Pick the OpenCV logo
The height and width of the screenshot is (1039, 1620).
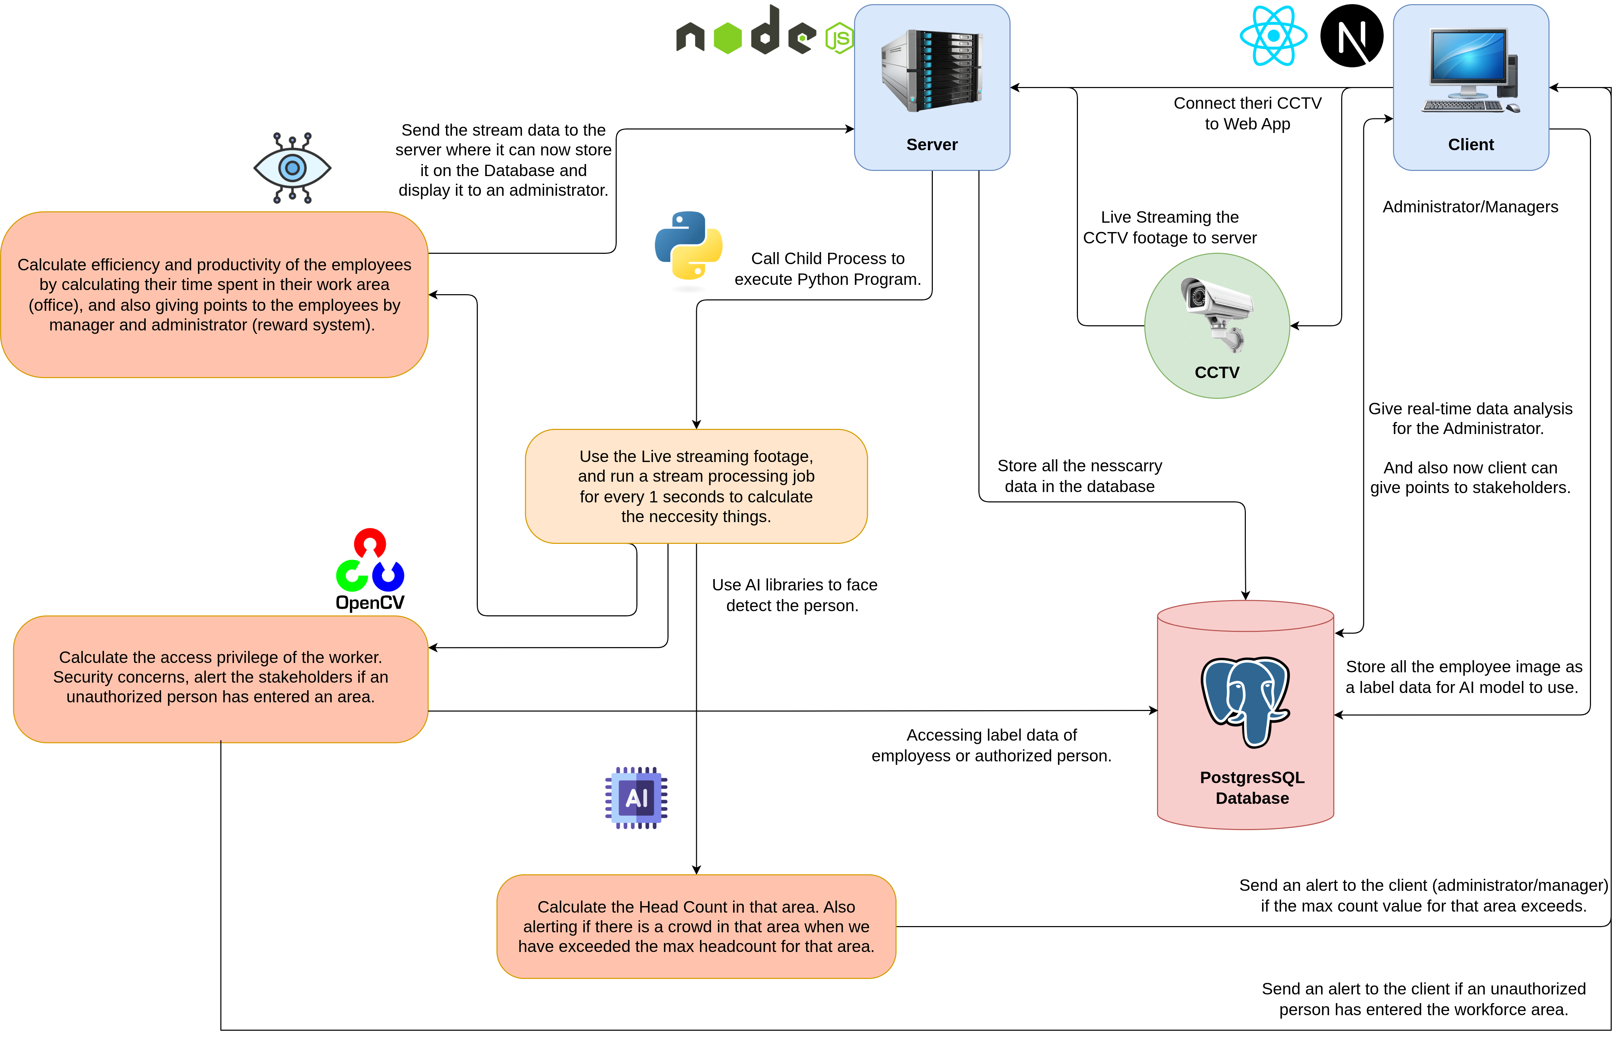coord(370,570)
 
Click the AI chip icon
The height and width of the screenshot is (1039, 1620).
coord(636,798)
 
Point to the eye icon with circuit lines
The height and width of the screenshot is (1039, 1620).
coord(292,168)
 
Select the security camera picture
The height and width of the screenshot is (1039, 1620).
coord(1217,314)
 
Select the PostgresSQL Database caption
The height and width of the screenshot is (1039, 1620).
coord(1252,788)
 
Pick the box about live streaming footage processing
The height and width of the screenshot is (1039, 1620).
coord(696,487)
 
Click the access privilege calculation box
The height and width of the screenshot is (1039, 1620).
coord(221,677)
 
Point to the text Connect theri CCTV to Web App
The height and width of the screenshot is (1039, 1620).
coord(1248,113)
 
